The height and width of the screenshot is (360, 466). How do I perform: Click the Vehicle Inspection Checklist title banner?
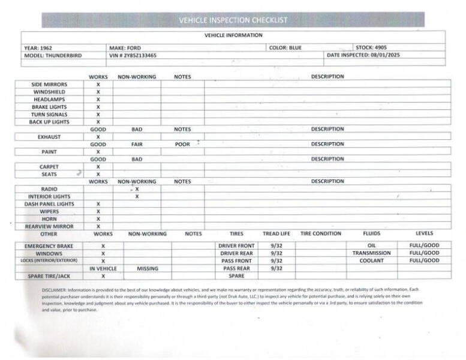[233, 20]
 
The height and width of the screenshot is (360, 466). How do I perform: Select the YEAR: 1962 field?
[40, 47]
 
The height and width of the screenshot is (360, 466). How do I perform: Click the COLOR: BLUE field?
[285, 47]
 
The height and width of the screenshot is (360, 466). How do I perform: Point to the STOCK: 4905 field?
[372, 47]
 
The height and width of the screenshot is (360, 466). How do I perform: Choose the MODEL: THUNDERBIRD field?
[53, 55]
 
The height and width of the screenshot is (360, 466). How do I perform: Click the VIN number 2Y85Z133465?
[141, 55]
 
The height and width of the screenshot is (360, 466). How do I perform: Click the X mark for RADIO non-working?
[137, 189]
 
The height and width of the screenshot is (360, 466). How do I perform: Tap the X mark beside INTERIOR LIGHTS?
[137, 197]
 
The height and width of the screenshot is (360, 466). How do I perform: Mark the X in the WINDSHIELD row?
[98, 92]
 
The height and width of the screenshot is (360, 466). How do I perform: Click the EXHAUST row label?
[50, 137]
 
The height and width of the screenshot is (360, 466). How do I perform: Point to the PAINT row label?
[50, 152]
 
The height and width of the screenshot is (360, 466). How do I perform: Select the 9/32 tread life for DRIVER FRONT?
[276, 245]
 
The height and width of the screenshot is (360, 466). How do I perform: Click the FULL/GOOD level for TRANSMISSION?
[424, 253]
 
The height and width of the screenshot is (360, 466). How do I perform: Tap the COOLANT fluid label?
[371, 261]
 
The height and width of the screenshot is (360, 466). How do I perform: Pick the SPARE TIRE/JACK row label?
[49, 276]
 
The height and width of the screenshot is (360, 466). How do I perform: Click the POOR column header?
[182, 144]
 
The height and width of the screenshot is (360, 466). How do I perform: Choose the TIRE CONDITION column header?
[321, 233]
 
